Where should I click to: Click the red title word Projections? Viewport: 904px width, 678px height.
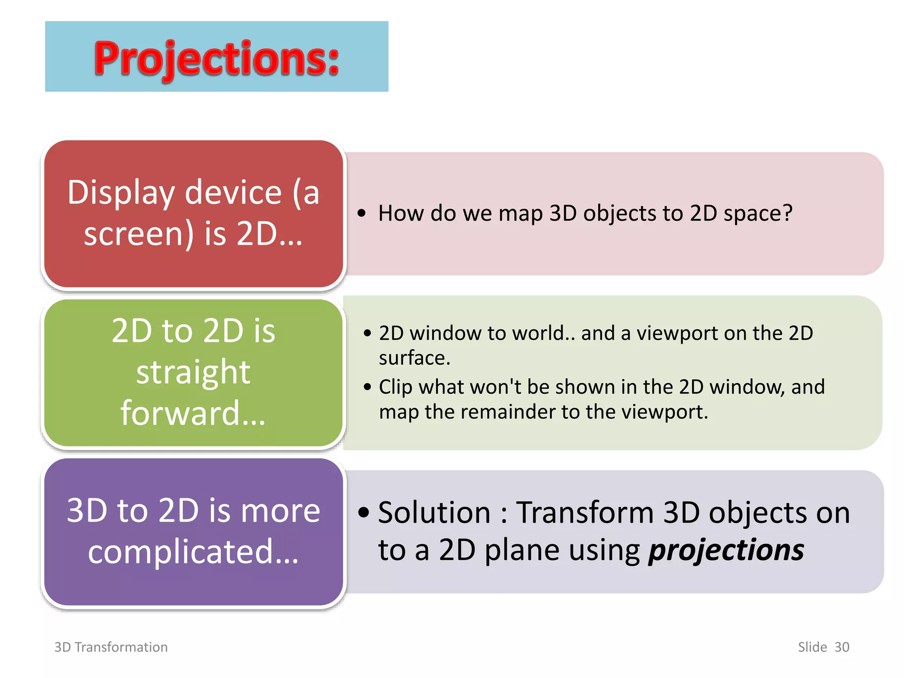point(216,58)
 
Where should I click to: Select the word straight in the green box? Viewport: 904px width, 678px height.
point(193,372)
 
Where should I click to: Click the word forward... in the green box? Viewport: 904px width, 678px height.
point(193,413)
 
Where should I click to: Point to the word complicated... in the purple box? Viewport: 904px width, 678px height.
point(193,552)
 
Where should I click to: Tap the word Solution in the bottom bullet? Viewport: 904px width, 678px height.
point(434,513)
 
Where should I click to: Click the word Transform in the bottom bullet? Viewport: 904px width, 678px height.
point(585,513)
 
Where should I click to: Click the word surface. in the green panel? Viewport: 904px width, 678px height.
point(414,358)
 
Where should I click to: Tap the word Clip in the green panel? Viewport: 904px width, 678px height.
point(395,387)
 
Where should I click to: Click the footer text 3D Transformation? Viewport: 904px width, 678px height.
point(111,647)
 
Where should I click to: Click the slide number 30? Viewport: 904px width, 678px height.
point(842,647)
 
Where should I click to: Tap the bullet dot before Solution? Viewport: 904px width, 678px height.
point(364,512)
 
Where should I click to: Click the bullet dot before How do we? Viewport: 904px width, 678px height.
point(362,214)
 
